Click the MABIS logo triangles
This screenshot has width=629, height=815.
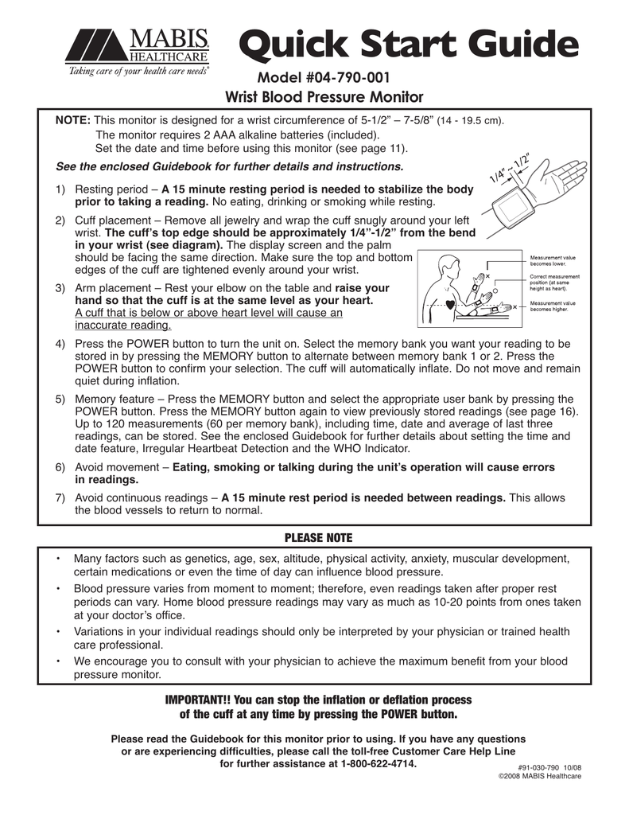pos(94,46)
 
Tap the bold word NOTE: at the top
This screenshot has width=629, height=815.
pos(72,120)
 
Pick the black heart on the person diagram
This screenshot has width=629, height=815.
pos(451,303)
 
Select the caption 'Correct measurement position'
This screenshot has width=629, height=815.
pos(554,281)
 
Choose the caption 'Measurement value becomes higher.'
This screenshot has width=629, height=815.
pos(553,306)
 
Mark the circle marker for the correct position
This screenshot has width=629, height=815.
pos(496,291)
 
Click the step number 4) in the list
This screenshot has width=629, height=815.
pos(60,344)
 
